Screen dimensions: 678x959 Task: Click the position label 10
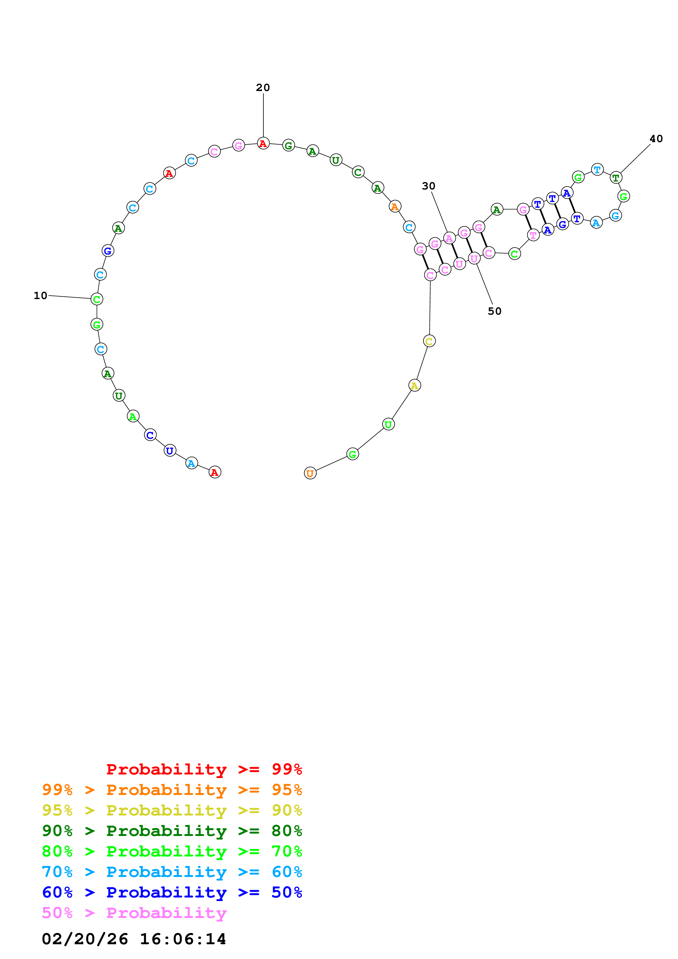point(40,296)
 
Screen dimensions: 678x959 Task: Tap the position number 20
point(263,88)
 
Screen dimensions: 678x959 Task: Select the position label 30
point(428,186)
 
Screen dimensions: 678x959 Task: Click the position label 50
point(494,311)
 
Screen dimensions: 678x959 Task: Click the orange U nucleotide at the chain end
point(310,473)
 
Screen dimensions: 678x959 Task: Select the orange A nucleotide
point(395,206)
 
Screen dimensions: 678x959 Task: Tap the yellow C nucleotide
point(429,341)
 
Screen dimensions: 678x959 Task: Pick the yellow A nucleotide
point(414,385)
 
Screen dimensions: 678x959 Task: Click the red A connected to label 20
point(263,144)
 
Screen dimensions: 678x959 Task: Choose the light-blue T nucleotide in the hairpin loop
point(597,169)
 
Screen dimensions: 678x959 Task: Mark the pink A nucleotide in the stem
point(449,238)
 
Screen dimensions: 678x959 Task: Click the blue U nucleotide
point(170,451)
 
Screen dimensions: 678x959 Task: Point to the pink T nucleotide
point(533,235)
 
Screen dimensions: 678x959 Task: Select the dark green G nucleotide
point(288,146)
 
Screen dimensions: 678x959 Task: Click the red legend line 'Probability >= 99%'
point(204,769)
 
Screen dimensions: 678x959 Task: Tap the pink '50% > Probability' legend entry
point(134,913)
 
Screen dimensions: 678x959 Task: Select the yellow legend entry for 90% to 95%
point(172,810)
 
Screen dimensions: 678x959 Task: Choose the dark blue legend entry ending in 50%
point(172,892)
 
